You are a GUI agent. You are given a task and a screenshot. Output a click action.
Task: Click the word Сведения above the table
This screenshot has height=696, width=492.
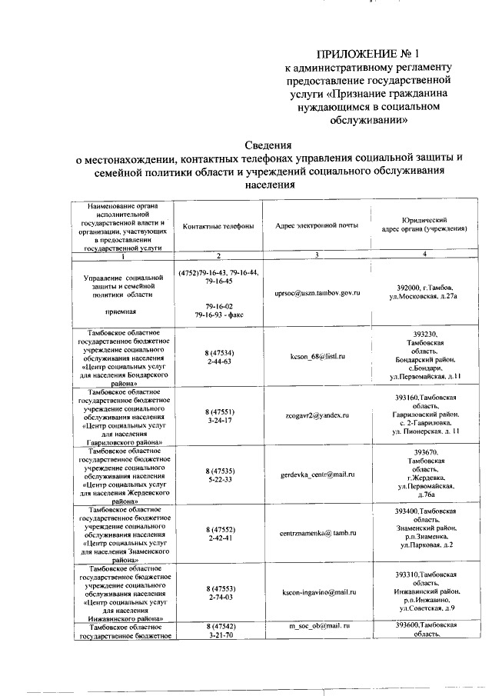tap(268, 144)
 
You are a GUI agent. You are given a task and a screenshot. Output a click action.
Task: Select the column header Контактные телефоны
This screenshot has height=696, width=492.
tap(218, 226)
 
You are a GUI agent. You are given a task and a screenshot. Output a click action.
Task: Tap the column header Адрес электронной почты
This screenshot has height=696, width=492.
tap(317, 226)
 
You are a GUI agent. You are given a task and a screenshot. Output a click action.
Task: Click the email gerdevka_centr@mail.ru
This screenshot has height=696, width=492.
tap(317, 475)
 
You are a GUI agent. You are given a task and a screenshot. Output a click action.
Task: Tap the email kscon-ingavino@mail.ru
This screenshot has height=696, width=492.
tap(319, 591)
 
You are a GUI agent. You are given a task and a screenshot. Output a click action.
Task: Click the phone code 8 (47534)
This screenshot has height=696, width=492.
tap(218, 352)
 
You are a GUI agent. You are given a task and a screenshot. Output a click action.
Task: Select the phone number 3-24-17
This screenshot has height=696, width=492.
tap(218, 421)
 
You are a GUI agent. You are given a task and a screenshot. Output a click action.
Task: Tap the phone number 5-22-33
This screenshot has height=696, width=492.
tap(218, 479)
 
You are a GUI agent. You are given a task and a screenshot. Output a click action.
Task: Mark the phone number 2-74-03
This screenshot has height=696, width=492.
tap(218, 596)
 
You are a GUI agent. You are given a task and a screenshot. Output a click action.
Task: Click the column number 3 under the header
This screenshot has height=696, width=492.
tap(317, 255)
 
